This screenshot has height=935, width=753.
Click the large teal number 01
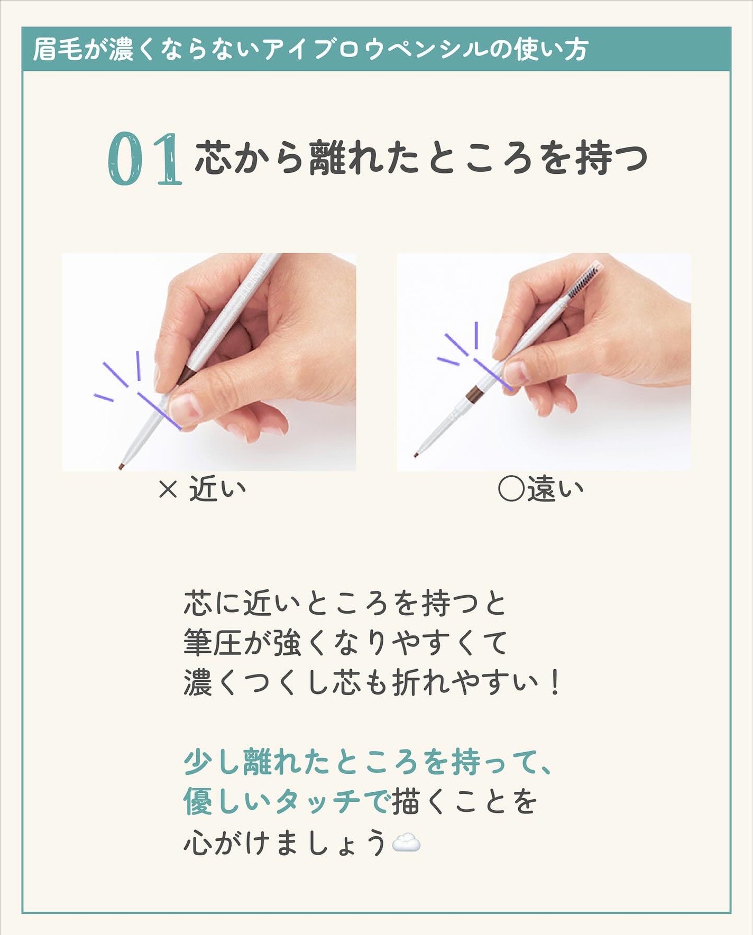(x=145, y=159)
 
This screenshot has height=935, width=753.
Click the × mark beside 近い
(x=168, y=490)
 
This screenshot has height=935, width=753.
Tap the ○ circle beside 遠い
(x=511, y=489)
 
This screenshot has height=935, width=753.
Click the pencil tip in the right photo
(x=416, y=454)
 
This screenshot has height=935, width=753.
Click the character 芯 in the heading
(x=213, y=158)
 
